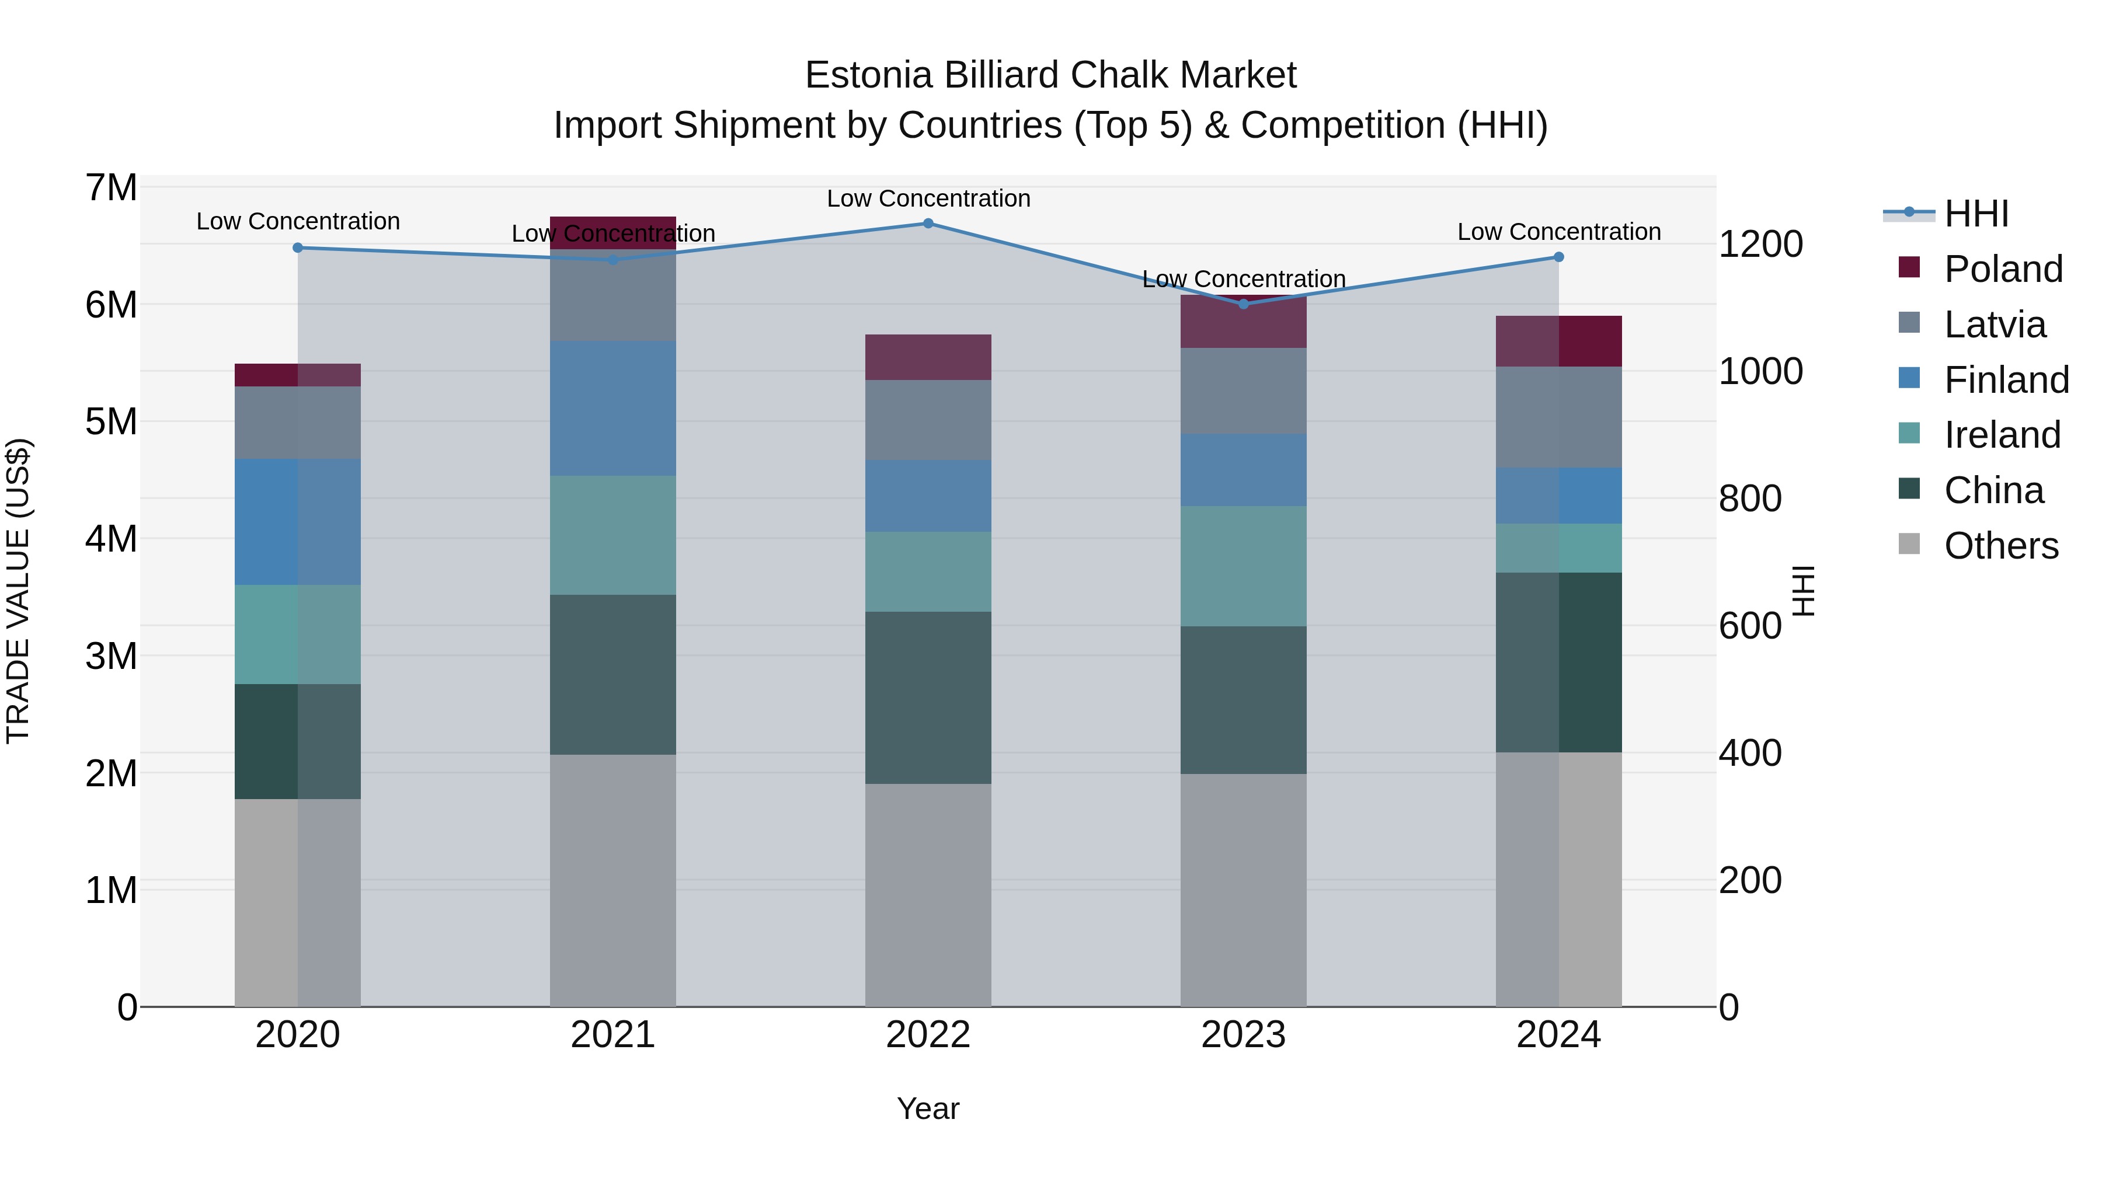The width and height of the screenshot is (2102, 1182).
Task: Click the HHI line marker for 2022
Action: point(928,224)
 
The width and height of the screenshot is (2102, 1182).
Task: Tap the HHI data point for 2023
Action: point(1244,304)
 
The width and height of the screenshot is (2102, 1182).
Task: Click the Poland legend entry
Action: point(2003,269)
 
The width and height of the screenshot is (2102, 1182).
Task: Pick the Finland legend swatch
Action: point(1909,378)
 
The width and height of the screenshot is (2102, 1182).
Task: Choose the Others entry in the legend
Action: point(2001,546)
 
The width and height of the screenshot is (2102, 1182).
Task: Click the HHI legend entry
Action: point(1975,214)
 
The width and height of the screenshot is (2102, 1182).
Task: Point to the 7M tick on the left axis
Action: point(111,187)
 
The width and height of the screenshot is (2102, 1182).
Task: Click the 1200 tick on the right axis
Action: point(1760,244)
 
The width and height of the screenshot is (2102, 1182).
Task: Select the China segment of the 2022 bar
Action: point(928,698)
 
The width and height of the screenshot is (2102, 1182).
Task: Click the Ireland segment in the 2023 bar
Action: point(1244,566)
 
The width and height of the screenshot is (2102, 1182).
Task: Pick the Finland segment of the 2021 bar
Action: point(613,408)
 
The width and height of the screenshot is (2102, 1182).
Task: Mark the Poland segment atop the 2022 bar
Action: point(928,357)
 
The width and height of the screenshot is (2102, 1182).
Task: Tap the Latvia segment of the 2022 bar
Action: point(928,420)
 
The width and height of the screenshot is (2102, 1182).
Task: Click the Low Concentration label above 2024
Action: point(1558,232)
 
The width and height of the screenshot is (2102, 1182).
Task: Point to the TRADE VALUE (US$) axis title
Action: point(19,591)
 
